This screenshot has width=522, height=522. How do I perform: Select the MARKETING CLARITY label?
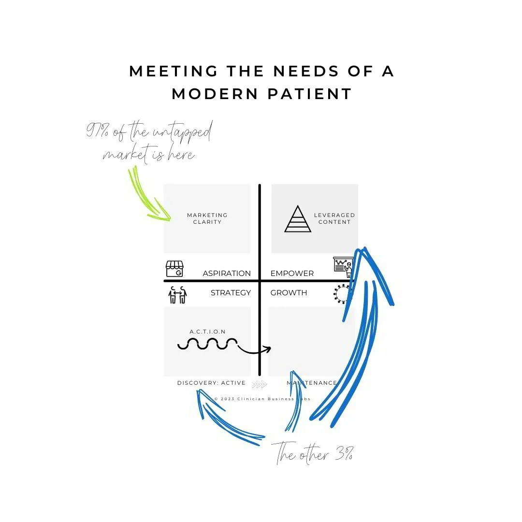click(207, 218)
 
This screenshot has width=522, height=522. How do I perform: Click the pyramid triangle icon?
click(298, 219)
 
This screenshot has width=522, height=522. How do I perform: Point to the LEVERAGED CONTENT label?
click(334, 218)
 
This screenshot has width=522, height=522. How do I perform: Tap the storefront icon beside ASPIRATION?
click(175, 269)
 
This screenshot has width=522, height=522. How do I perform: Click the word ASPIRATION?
click(227, 274)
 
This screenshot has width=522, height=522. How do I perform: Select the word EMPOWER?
click(292, 274)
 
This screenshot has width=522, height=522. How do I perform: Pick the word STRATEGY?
click(231, 293)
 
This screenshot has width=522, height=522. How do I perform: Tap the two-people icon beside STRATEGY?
click(177, 294)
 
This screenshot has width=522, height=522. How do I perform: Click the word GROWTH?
click(289, 293)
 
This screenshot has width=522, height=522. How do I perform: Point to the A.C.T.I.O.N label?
click(207, 332)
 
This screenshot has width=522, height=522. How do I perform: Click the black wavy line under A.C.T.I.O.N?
click(208, 344)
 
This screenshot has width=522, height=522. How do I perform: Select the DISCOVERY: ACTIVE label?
click(211, 383)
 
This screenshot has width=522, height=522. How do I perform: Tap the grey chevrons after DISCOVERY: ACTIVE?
click(260, 384)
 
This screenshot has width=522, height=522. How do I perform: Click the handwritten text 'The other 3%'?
click(314, 454)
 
